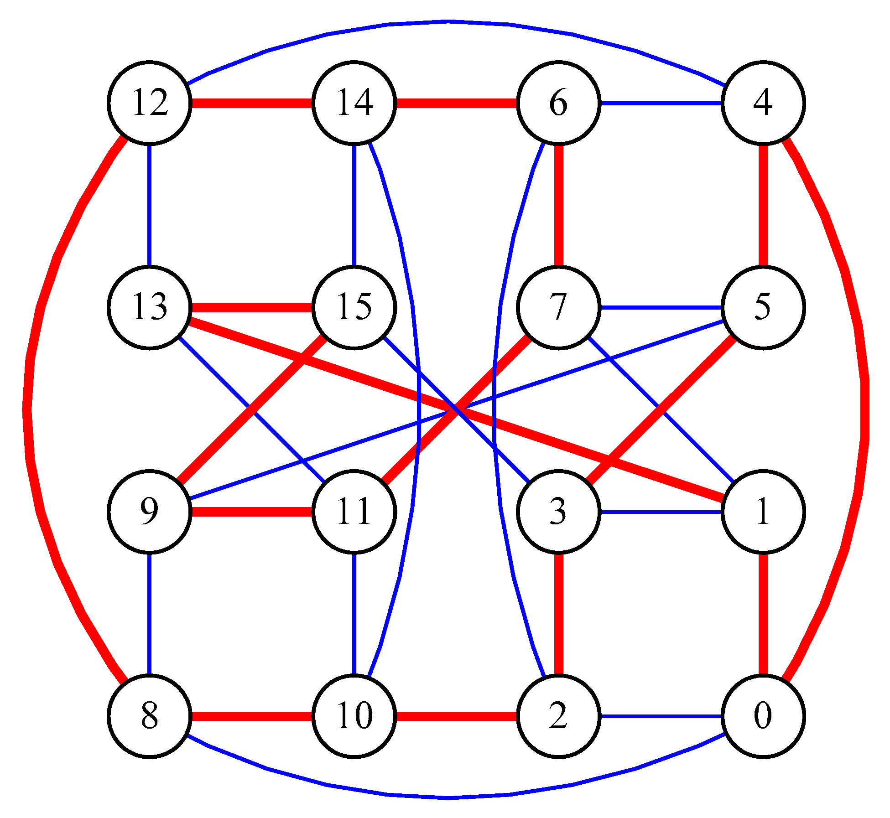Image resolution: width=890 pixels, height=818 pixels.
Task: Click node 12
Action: click(149, 103)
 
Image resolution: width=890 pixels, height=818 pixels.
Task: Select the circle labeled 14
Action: click(354, 103)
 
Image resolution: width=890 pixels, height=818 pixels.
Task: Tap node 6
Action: click(558, 103)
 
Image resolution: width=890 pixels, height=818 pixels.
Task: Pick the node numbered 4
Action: click(763, 103)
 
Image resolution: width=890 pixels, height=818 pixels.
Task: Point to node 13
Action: click(149, 307)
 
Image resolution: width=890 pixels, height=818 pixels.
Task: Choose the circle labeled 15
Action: click(354, 307)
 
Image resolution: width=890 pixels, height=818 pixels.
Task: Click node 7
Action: click(558, 307)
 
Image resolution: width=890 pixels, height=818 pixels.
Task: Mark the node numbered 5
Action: click(763, 307)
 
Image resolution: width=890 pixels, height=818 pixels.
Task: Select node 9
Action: click(149, 512)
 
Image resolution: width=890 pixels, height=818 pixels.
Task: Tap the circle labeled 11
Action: click(354, 512)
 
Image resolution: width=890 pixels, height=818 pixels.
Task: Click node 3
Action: click(558, 512)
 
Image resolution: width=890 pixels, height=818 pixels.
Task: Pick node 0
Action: click(763, 716)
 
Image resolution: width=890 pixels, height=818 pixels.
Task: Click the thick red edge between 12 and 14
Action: click(251, 103)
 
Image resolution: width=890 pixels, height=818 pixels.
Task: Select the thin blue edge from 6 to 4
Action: click(661, 103)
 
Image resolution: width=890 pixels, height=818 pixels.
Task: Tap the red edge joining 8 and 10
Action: click(251, 716)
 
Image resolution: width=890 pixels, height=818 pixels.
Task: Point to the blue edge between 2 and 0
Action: click(661, 716)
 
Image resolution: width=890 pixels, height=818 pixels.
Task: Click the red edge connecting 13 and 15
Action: click(251, 307)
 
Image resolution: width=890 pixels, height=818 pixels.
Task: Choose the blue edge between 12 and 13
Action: click(149, 205)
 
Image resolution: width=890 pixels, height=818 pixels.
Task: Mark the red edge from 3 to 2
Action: click(558, 614)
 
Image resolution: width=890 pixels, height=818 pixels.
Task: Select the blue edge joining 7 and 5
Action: click(661, 307)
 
